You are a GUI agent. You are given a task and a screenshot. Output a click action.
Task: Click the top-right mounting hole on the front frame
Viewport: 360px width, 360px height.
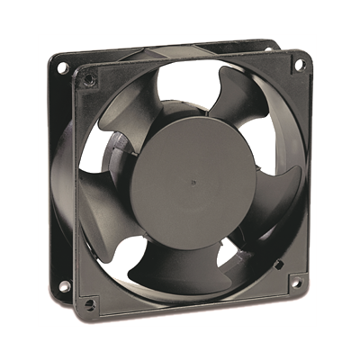[x=297, y=63]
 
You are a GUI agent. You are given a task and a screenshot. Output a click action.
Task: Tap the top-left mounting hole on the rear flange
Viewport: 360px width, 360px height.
[x=64, y=67]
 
